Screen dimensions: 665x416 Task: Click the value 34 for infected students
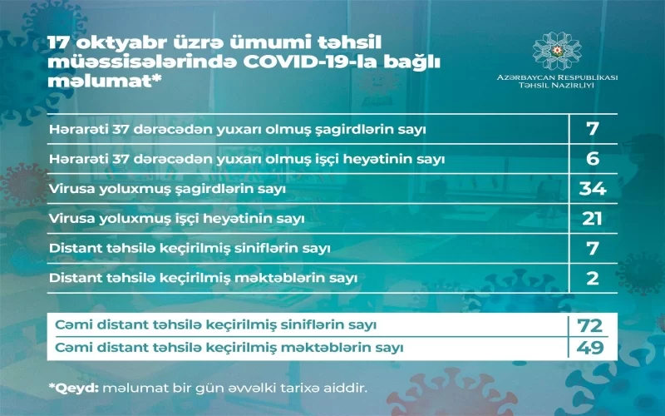point(593,189)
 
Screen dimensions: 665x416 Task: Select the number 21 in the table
point(592,219)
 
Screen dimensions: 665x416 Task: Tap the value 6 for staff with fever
point(593,159)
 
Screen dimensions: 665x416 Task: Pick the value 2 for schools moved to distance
point(593,278)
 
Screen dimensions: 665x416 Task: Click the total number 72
point(590,325)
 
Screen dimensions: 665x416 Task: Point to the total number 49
point(590,348)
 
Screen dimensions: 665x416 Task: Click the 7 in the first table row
point(593,129)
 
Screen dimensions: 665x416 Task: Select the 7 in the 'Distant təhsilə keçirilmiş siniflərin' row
point(593,248)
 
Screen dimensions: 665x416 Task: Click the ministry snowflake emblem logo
point(557,51)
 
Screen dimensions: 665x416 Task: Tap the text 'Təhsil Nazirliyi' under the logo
point(557,86)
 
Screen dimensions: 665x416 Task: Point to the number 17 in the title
point(59,43)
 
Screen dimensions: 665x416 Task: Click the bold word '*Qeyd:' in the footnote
point(74,388)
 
